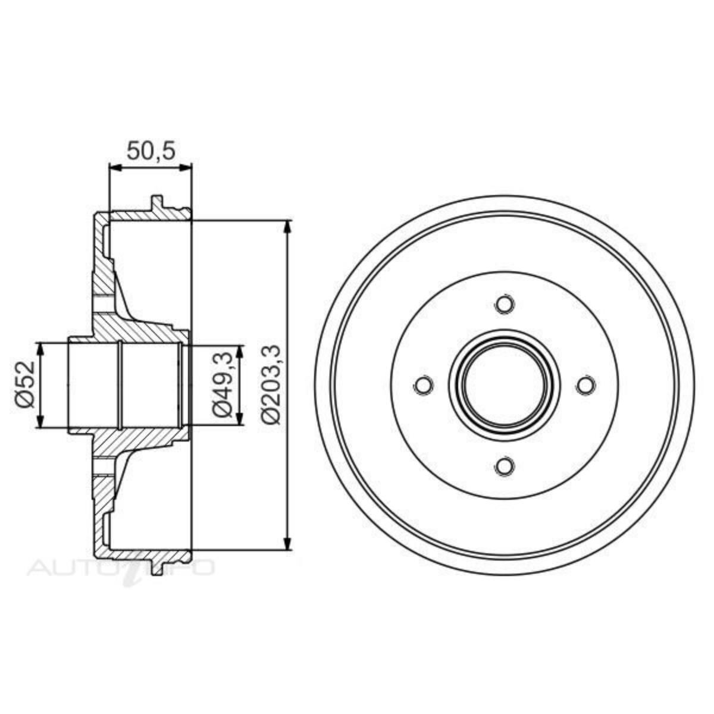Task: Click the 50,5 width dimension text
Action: (151, 152)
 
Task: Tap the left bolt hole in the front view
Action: (422, 386)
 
